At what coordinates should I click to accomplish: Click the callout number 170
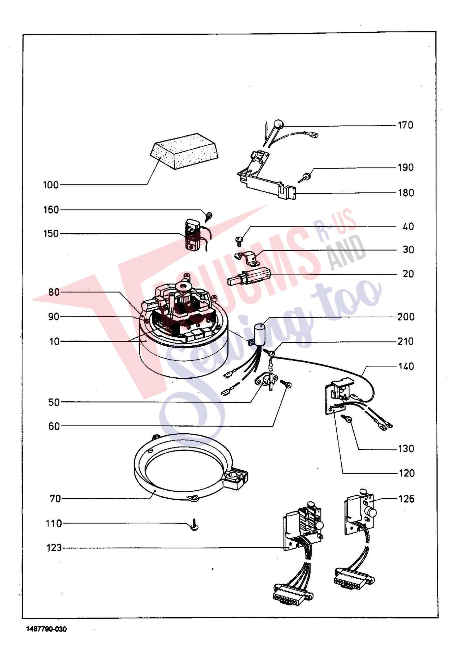tap(406, 125)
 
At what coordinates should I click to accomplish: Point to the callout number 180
tap(406, 193)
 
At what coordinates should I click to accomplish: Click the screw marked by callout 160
tap(209, 216)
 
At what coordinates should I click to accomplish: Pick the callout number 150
tap(51, 234)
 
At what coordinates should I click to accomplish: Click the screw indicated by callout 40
tap(240, 240)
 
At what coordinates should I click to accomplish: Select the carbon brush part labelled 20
tap(250, 276)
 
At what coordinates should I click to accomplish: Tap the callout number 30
tap(409, 250)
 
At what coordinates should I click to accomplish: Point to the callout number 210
tap(406, 341)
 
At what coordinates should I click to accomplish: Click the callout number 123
tap(54, 548)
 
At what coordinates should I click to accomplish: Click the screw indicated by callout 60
tap(286, 384)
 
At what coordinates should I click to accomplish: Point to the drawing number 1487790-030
tap(47, 629)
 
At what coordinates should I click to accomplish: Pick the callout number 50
tap(54, 403)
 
